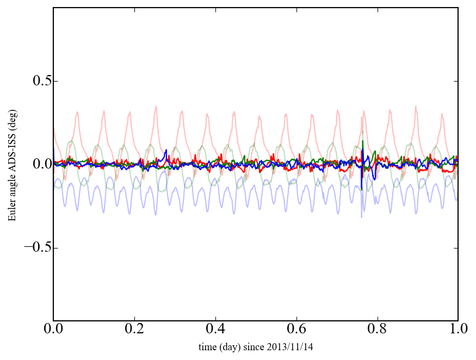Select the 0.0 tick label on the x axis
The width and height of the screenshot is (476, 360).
[x=53, y=329]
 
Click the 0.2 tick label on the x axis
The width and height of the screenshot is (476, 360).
[x=134, y=329]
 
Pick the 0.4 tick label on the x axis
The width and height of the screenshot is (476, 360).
[x=215, y=329]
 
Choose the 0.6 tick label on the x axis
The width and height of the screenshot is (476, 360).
[x=296, y=329]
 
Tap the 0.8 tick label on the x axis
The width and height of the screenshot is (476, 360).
[x=377, y=329]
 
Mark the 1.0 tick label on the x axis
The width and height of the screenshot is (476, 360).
[x=458, y=329]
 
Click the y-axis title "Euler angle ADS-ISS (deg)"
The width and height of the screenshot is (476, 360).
[x=11, y=164]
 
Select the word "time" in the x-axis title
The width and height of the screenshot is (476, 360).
[x=207, y=346]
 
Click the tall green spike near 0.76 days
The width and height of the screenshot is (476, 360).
[x=363, y=142]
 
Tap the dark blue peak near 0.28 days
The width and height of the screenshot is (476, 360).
[x=166, y=151]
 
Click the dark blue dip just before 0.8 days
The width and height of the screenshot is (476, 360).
[x=374, y=178]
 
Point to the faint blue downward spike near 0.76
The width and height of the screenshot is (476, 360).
[x=362, y=216]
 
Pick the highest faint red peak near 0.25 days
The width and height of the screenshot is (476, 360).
[x=156, y=107]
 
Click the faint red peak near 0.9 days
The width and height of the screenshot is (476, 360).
[x=416, y=107]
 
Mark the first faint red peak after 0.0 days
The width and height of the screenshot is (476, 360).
[x=77, y=113]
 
